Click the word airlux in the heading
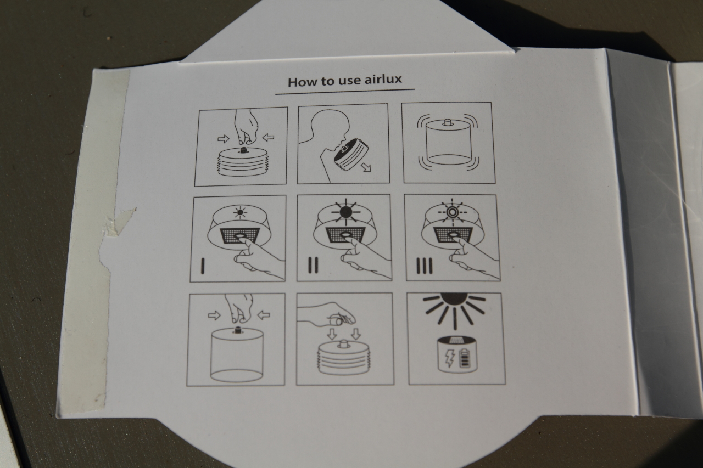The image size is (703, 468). pyautogui.click(x=383, y=80)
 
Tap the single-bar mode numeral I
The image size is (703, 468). pyautogui.click(x=203, y=266)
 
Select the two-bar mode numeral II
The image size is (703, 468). pyautogui.click(x=313, y=265)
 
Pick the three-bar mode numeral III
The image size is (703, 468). pyautogui.click(x=424, y=266)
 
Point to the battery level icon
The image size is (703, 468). pyautogui.click(x=464, y=359)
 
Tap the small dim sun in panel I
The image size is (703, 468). pyautogui.click(x=240, y=212)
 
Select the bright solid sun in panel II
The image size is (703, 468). pyautogui.click(x=346, y=212)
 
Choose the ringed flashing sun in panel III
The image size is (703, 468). pyautogui.click(x=452, y=212)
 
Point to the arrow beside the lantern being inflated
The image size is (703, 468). pyautogui.click(x=366, y=167)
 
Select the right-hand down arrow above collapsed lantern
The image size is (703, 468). pyautogui.click(x=355, y=334)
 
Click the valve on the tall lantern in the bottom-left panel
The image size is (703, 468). pyautogui.click(x=238, y=330)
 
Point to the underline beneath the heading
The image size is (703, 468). pyautogui.click(x=344, y=92)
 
